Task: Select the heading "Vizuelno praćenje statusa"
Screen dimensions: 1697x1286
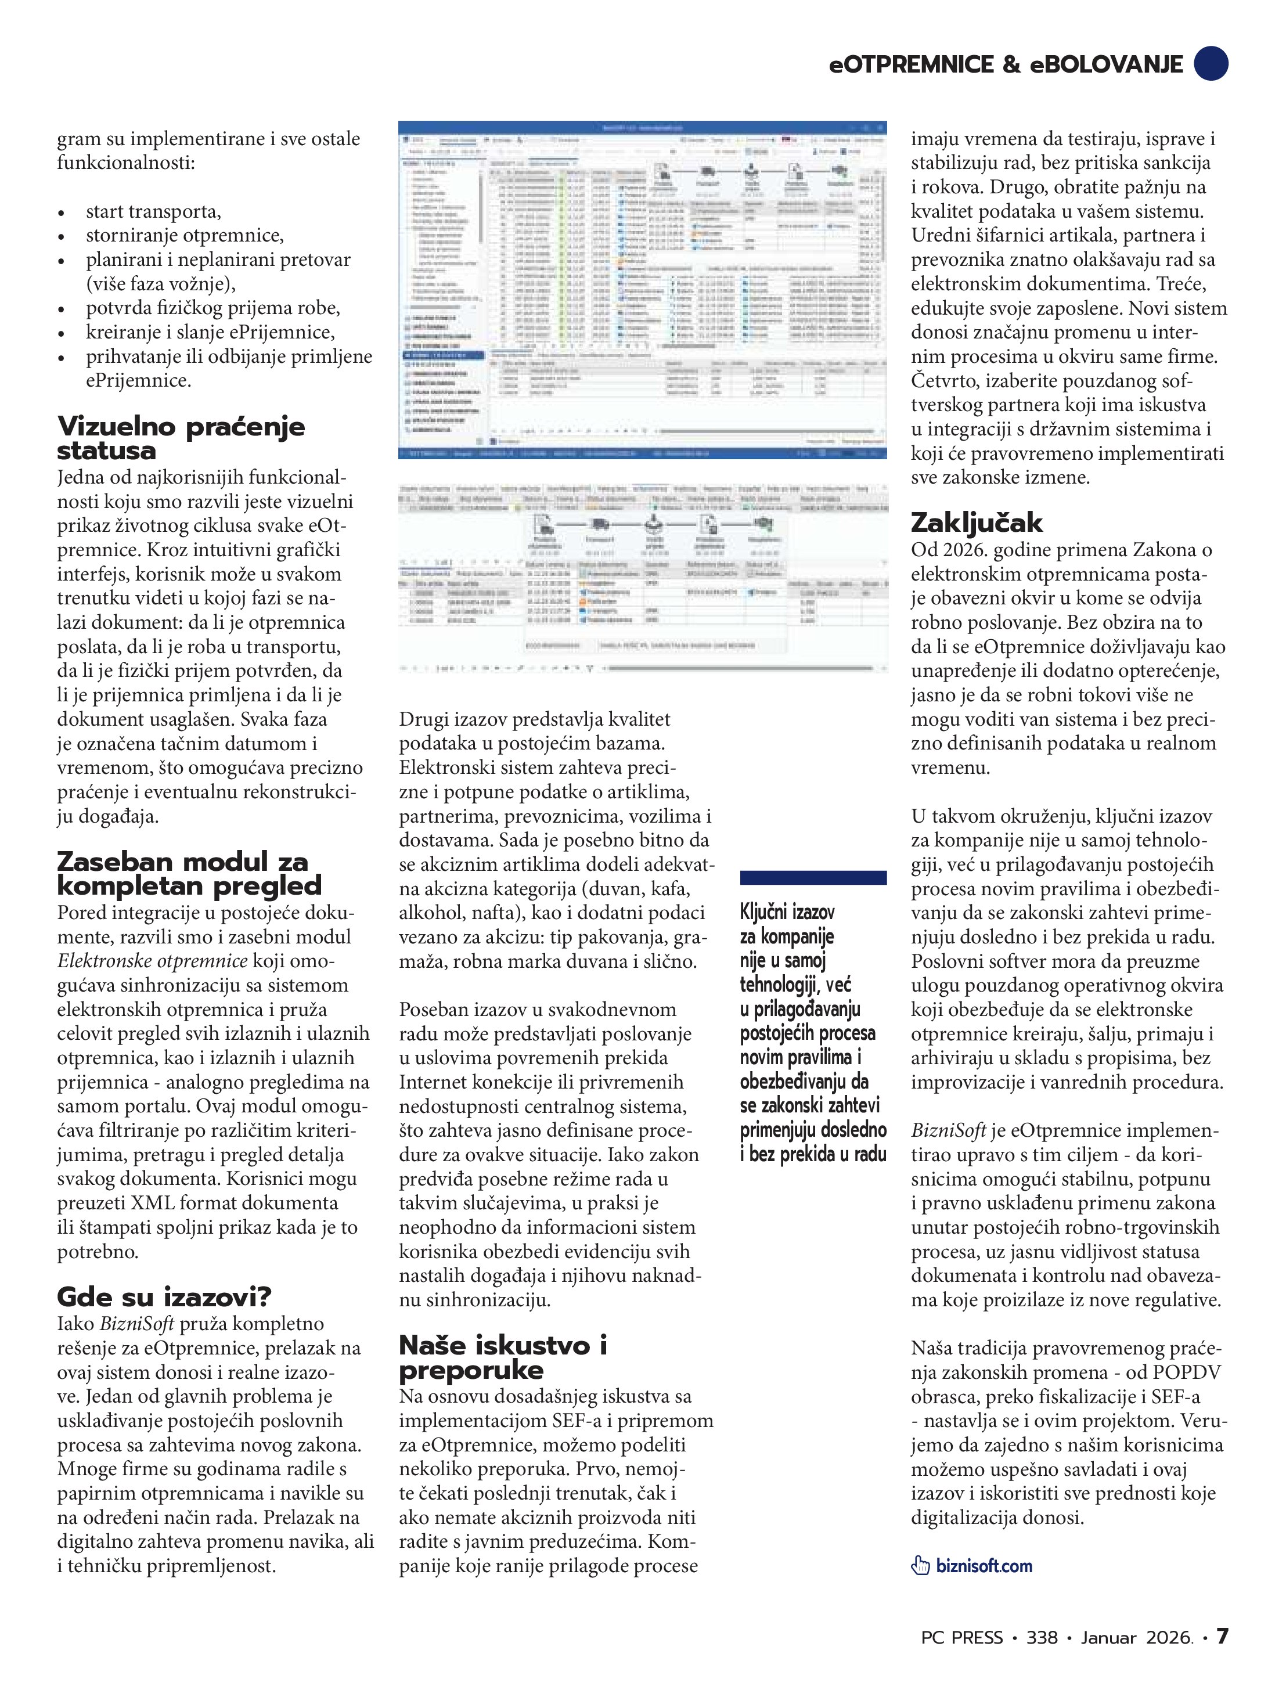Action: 181,438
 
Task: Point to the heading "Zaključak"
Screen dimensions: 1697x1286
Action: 976,523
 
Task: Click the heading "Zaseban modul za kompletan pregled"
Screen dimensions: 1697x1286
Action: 189,873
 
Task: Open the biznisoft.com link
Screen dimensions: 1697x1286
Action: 984,1566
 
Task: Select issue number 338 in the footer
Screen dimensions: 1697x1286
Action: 1042,1637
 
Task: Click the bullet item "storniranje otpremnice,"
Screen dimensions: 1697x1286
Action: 184,236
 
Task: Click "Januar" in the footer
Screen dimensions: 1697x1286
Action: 1108,1637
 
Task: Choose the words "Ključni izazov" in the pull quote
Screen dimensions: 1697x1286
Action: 787,911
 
